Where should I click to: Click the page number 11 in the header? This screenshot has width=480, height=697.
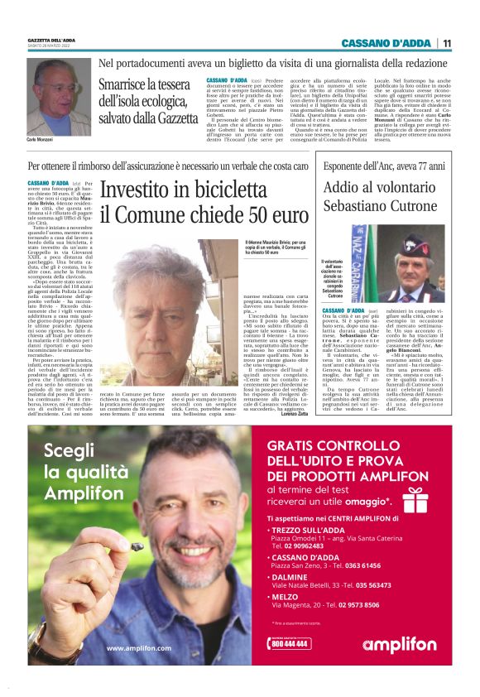click(x=447, y=43)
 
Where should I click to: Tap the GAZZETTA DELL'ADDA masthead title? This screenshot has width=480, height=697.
click(x=51, y=40)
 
